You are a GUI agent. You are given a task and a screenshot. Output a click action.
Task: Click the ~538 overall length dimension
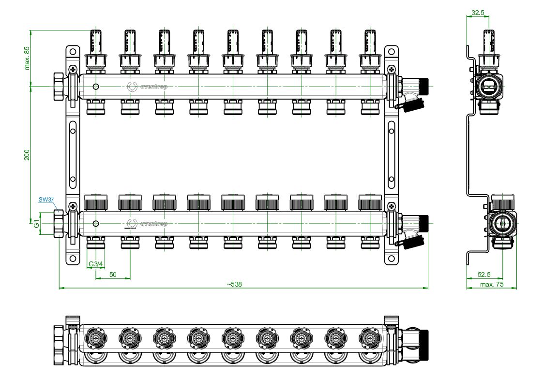(x=234, y=284)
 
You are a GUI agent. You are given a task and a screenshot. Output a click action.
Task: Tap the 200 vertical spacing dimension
(x=27, y=155)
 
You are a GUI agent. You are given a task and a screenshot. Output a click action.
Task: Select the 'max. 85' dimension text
(x=27, y=58)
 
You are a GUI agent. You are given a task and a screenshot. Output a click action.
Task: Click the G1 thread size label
(x=36, y=224)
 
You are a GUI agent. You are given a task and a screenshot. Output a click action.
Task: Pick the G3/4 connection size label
(x=95, y=264)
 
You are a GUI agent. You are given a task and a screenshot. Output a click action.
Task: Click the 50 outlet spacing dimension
(x=113, y=275)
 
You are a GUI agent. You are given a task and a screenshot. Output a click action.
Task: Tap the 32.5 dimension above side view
(x=477, y=13)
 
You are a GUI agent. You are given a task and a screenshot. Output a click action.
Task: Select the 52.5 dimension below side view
(x=483, y=275)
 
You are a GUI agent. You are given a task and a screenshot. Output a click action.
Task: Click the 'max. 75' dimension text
(x=492, y=284)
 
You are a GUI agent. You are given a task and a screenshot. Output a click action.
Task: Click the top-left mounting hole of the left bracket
(x=72, y=51)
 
